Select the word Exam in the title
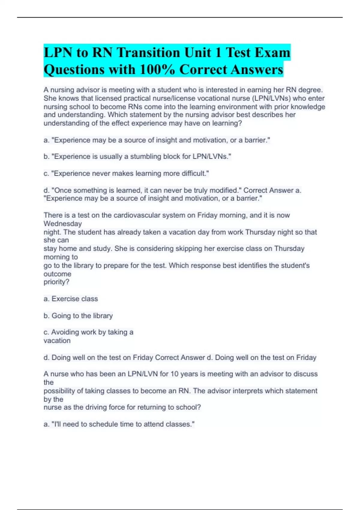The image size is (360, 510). coord(272,53)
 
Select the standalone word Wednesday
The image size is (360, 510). coord(63,223)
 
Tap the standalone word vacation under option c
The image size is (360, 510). coord(57,340)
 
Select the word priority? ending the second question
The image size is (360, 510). coord(56,282)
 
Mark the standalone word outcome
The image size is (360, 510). coord(57,274)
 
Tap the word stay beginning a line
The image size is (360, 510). coord(50,249)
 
